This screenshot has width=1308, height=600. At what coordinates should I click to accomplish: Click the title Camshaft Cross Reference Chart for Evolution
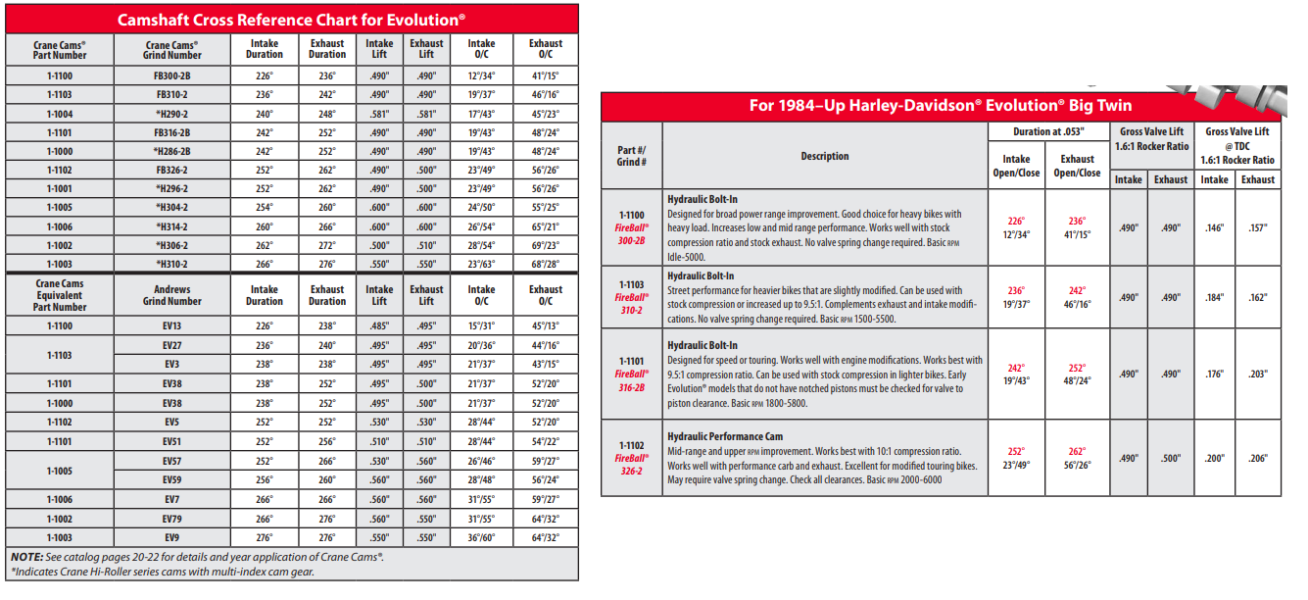point(291,19)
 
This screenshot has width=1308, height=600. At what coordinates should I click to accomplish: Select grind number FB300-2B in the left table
point(172,75)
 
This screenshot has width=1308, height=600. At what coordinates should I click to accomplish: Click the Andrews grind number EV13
point(172,325)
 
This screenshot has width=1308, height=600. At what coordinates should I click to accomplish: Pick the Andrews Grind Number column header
point(172,295)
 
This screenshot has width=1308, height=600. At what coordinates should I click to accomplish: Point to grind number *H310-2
point(172,264)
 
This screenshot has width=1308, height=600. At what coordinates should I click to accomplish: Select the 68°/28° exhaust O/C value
point(546,264)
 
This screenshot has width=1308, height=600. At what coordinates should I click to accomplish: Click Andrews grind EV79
point(172,518)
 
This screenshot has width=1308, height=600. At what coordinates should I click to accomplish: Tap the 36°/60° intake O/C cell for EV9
point(481,537)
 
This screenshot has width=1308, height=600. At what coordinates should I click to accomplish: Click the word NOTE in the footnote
point(27,557)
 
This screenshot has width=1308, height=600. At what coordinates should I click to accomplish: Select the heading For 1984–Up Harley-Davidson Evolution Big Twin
point(940,106)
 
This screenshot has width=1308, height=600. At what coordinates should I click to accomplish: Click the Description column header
point(824,156)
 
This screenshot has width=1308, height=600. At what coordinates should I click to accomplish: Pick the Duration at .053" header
point(1048,131)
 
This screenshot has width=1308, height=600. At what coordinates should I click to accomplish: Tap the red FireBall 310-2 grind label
point(632,302)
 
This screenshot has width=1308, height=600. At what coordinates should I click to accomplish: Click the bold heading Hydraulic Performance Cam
point(724,436)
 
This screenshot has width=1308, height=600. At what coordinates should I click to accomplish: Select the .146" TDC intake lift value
point(1214,227)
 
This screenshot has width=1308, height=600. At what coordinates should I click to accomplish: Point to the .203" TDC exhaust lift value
point(1258,374)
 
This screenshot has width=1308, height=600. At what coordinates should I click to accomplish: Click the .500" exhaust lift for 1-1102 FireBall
point(1170,458)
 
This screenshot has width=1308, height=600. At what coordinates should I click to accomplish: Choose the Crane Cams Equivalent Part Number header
point(60,295)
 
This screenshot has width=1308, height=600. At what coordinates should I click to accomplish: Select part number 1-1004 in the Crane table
point(60,113)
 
